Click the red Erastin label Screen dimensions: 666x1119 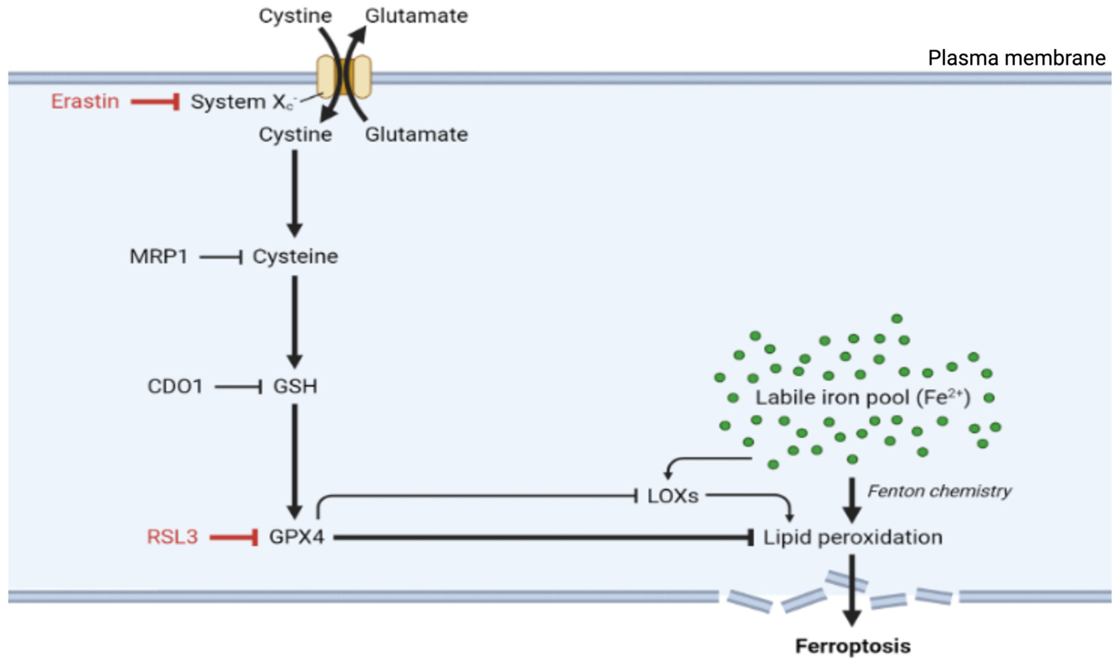(x=85, y=101)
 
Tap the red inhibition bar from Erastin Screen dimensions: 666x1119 (x=155, y=102)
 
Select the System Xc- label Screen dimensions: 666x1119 (x=243, y=102)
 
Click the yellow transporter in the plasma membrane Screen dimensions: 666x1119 (x=343, y=77)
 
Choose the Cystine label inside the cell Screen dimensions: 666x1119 (x=295, y=134)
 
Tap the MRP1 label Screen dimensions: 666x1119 (x=158, y=257)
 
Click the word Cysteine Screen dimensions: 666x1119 (x=295, y=257)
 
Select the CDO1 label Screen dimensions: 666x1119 (x=175, y=386)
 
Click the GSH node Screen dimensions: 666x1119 (x=295, y=386)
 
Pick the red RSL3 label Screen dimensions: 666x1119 (x=172, y=537)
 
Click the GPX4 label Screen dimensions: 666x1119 (x=296, y=537)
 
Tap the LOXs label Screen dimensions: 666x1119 (x=673, y=496)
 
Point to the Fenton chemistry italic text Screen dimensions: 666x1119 (x=939, y=491)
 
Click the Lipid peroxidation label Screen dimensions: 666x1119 (x=852, y=537)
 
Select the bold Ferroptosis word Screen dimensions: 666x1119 (x=853, y=646)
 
